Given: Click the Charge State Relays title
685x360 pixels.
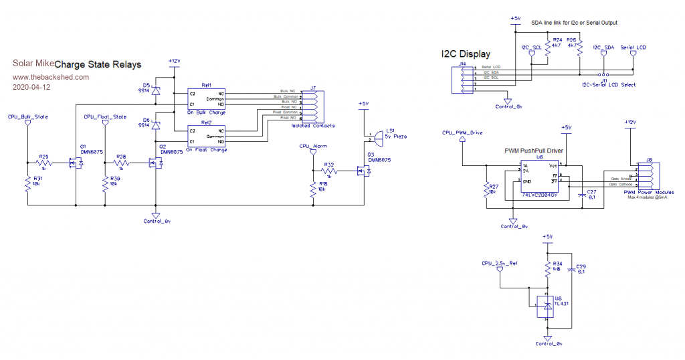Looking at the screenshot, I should pos(98,65).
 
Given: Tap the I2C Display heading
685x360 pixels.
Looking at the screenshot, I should pos(466,54).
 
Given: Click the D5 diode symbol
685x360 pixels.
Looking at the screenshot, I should pos(155,90).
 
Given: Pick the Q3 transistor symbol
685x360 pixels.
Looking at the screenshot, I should pos(365,173).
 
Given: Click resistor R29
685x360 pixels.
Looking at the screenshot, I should pos(44,163).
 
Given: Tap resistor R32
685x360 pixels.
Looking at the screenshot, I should pos(329,172).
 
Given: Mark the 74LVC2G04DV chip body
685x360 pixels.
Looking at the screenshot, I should pos(543,177).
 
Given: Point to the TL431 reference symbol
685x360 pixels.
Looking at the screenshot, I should pos(548,307).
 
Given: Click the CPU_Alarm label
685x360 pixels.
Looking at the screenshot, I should pos(312,145).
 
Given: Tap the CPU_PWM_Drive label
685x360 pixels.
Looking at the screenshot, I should pos(462,132).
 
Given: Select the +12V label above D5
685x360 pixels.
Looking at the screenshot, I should pos(173,61).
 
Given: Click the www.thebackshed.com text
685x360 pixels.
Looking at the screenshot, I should pos(51,77).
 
